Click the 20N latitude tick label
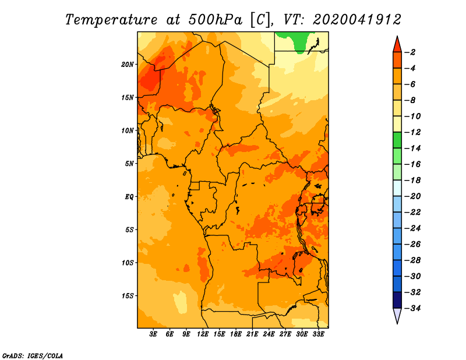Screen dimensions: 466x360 (x=127, y=64)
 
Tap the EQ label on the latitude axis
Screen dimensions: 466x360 (x=129, y=196)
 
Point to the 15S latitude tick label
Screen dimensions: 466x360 (x=128, y=295)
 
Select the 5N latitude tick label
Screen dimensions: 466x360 (x=129, y=163)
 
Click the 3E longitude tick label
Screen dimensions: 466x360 (x=153, y=334)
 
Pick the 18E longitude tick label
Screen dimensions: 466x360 (x=236, y=334)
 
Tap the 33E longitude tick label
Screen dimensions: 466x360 (x=318, y=334)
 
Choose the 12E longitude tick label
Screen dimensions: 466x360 (x=203, y=334)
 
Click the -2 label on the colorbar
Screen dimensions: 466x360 (x=411, y=52)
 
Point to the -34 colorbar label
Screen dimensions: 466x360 (x=413, y=308)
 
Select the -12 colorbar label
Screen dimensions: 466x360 (x=413, y=132)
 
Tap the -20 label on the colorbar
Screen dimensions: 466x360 (x=413, y=196)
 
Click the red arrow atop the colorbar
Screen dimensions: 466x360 (x=397, y=45)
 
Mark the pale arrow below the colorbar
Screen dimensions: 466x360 (x=397, y=315)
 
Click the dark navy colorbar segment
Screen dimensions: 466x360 (x=397, y=300)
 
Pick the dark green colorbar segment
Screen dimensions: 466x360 (x=397, y=140)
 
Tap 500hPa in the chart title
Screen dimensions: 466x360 (x=215, y=20)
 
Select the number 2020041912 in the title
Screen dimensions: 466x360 (x=356, y=20)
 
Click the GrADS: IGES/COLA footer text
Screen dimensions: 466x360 (x=33, y=355)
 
